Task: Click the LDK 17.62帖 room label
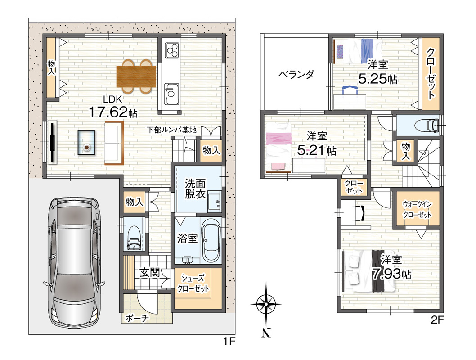point(112,107)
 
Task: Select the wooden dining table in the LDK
point(136,76)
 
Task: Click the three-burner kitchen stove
point(172,50)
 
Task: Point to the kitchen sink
point(171,94)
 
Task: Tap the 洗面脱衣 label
point(196,189)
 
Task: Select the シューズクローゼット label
point(193,283)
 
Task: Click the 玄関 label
point(150,272)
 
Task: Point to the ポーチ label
point(137,318)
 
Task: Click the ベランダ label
point(296,74)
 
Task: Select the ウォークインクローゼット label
point(417,209)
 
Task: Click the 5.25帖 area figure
point(377,79)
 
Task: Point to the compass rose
point(265,304)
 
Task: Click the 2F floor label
point(437,320)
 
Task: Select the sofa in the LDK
point(114,143)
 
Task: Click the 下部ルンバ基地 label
point(171,130)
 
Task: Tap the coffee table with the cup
point(86,143)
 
